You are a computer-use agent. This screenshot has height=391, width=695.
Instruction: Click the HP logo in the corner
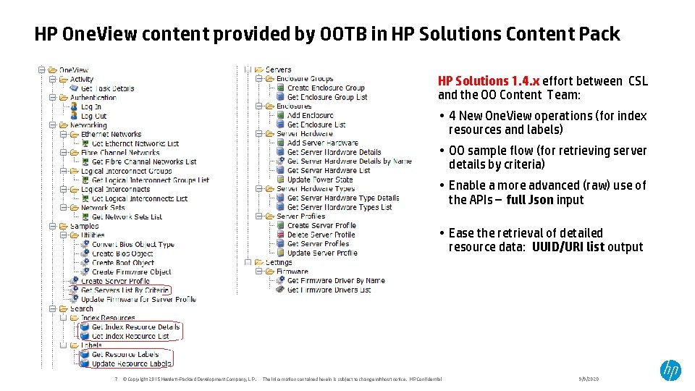(x=670, y=370)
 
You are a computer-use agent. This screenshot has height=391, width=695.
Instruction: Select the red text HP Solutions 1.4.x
(x=488, y=81)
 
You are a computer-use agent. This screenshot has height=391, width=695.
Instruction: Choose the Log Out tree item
(x=93, y=116)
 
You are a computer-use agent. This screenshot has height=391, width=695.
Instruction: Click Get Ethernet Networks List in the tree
(x=135, y=143)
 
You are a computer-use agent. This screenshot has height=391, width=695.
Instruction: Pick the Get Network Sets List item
(x=127, y=216)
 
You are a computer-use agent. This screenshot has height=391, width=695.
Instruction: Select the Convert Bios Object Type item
(x=132, y=244)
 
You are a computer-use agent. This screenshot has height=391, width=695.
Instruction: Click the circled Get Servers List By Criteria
(x=125, y=290)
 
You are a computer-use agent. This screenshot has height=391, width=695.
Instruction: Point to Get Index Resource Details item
(x=135, y=327)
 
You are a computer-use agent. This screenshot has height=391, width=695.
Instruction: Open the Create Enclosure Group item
(x=326, y=88)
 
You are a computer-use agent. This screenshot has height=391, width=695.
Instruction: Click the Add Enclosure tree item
(x=310, y=115)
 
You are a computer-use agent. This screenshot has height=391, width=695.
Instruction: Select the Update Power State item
(x=319, y=180)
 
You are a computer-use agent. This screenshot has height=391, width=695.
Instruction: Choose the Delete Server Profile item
(x=321, y=235)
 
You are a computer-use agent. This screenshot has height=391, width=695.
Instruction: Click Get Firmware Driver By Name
(x=335, y=280)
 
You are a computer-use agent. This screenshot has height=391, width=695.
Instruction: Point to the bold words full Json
(x=530, y=200)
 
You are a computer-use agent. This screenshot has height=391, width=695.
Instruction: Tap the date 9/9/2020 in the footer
(x=589, y=379)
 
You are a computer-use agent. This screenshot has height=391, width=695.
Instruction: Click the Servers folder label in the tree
(x=278, y=70)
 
